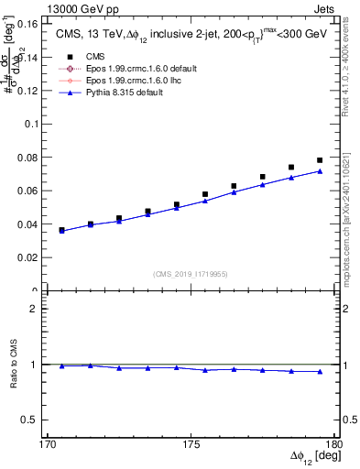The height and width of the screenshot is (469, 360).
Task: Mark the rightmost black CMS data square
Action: pos(320,160)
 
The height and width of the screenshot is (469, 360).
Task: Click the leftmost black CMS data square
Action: pos(61,230)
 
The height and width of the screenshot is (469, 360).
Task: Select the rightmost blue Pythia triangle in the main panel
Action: pos(320,171)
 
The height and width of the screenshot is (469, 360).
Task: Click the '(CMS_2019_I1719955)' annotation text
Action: pos(191,273)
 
